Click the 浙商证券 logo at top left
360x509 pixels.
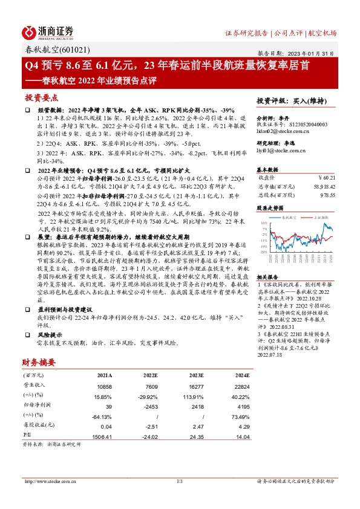tap(48, 32)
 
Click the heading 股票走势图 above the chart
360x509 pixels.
tap(270, 207)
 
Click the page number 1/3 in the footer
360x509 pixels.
tap(179, 481)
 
